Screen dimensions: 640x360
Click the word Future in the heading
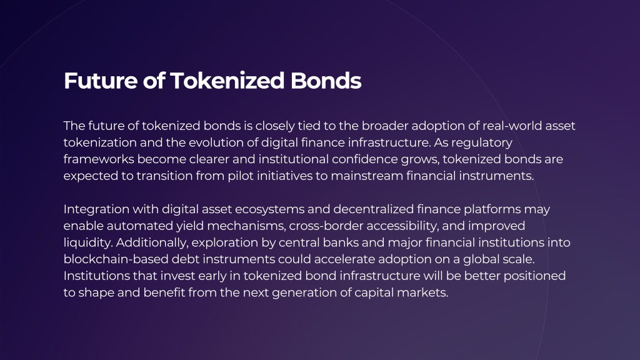[101, 81]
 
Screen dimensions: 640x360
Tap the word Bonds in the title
[326, 81]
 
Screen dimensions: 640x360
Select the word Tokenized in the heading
[227, 81]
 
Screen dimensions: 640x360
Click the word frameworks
[99, 159]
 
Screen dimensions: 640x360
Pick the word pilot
[241, 176]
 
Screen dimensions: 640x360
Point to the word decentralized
[374, 209]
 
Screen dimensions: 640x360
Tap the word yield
[189, 226]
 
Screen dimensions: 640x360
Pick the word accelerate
[344, 259]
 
